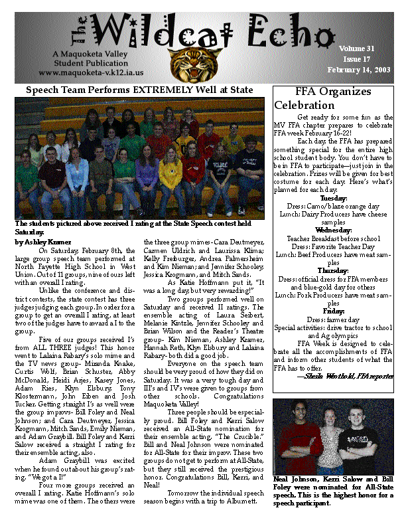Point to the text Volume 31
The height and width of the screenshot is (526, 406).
357,48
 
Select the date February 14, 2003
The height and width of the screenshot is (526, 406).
359,70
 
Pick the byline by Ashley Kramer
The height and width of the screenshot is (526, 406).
38,242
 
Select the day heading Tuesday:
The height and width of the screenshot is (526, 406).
334,198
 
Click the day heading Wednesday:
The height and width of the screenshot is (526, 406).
334,230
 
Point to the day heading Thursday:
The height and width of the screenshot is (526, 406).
334,271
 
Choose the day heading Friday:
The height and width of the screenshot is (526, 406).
334,311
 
